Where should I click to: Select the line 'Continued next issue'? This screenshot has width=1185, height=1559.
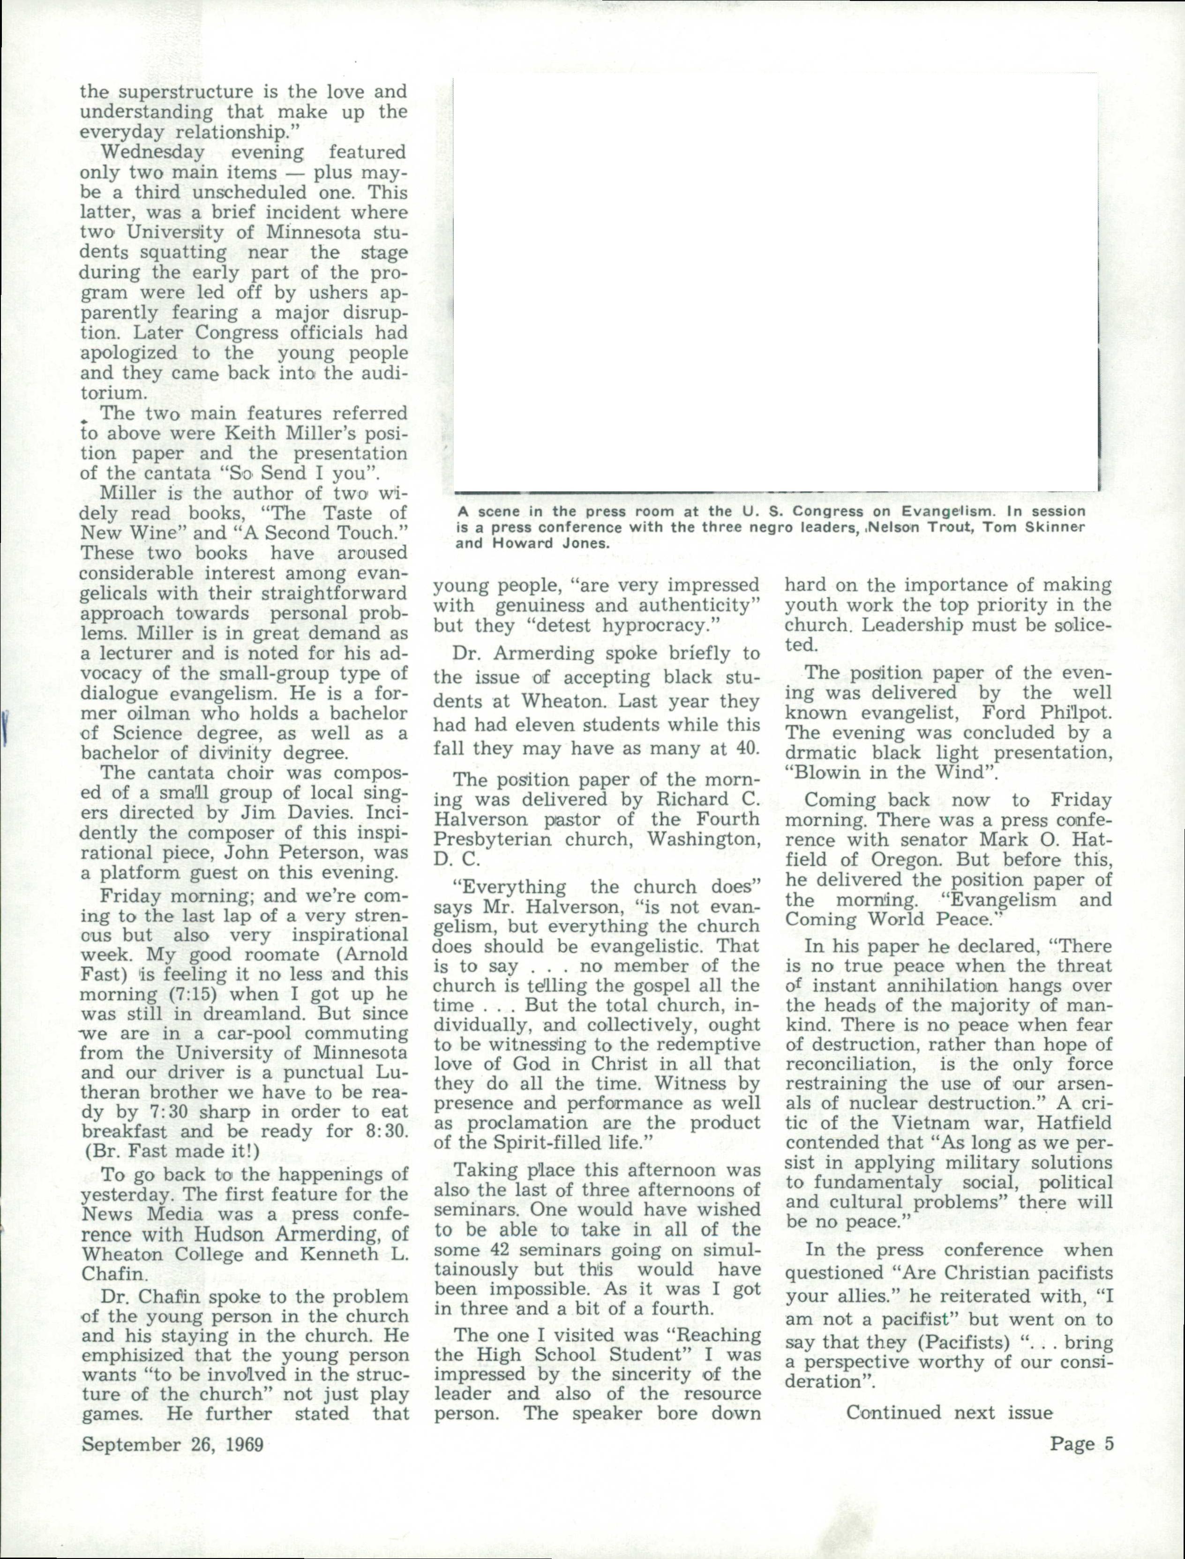[x=949, y=1412]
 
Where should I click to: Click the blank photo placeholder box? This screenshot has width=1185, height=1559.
[x=774, y=282]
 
